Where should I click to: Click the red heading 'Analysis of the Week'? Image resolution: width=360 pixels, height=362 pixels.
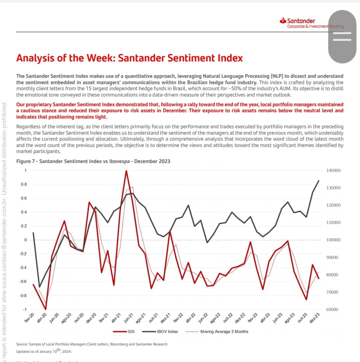pyautogui.click(x=129, y=58)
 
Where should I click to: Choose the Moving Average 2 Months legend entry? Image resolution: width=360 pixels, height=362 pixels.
pyautogui.click(x=219, y=332)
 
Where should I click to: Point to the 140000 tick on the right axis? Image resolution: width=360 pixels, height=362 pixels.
pyautogui.click(x=333, y=170)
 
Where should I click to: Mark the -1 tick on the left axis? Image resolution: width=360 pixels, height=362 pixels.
pyautogui.click(x=24, y=310)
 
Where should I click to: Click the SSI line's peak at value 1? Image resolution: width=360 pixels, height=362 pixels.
pyautogui.click(x=126, y=171)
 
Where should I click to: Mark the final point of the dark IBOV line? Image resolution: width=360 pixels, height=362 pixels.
pyautogui.click(x=319, y=180)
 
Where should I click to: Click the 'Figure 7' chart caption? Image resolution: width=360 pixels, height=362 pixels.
pyautogui.click(x=93, y=161)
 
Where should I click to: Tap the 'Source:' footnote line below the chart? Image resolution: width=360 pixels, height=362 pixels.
pyautogui.click(x=92, y=344)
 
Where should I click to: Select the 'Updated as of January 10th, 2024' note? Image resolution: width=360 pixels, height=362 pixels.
pyautogui.click(x=44, y=351)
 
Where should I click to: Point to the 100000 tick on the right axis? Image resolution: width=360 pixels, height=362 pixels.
pyautogui.click(x=333, y=240)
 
